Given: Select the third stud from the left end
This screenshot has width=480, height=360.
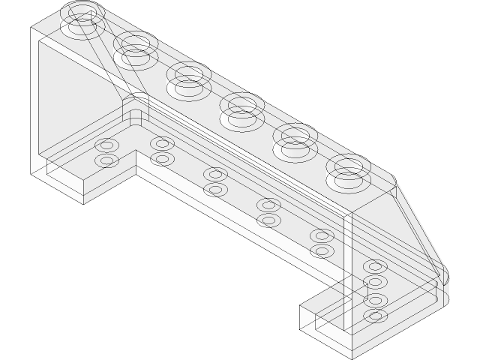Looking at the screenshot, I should [187, 78].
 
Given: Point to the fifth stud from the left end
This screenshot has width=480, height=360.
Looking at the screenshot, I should [294, 139].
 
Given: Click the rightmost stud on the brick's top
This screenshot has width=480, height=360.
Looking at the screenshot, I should [347, 170].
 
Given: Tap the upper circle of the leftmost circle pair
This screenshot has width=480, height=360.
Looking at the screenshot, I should [107, 145].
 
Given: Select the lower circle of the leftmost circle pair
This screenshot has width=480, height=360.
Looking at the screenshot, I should [107, 160].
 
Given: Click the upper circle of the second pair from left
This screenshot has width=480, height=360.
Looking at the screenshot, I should [161, 143].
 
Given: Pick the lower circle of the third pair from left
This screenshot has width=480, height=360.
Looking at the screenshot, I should [215, 190].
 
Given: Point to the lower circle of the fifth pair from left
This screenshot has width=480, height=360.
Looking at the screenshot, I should [322, 251].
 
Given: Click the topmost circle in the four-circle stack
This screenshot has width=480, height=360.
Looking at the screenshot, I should [375, 268].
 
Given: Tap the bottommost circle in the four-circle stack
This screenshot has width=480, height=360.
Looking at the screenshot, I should [375, 316].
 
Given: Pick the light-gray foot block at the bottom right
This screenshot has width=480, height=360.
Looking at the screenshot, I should [322, 330].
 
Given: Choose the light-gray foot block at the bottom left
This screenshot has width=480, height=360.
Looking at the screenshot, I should [64, 184].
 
